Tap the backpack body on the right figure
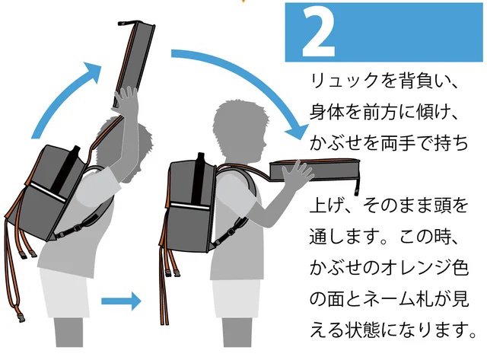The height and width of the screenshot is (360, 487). (x=186, y=205)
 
